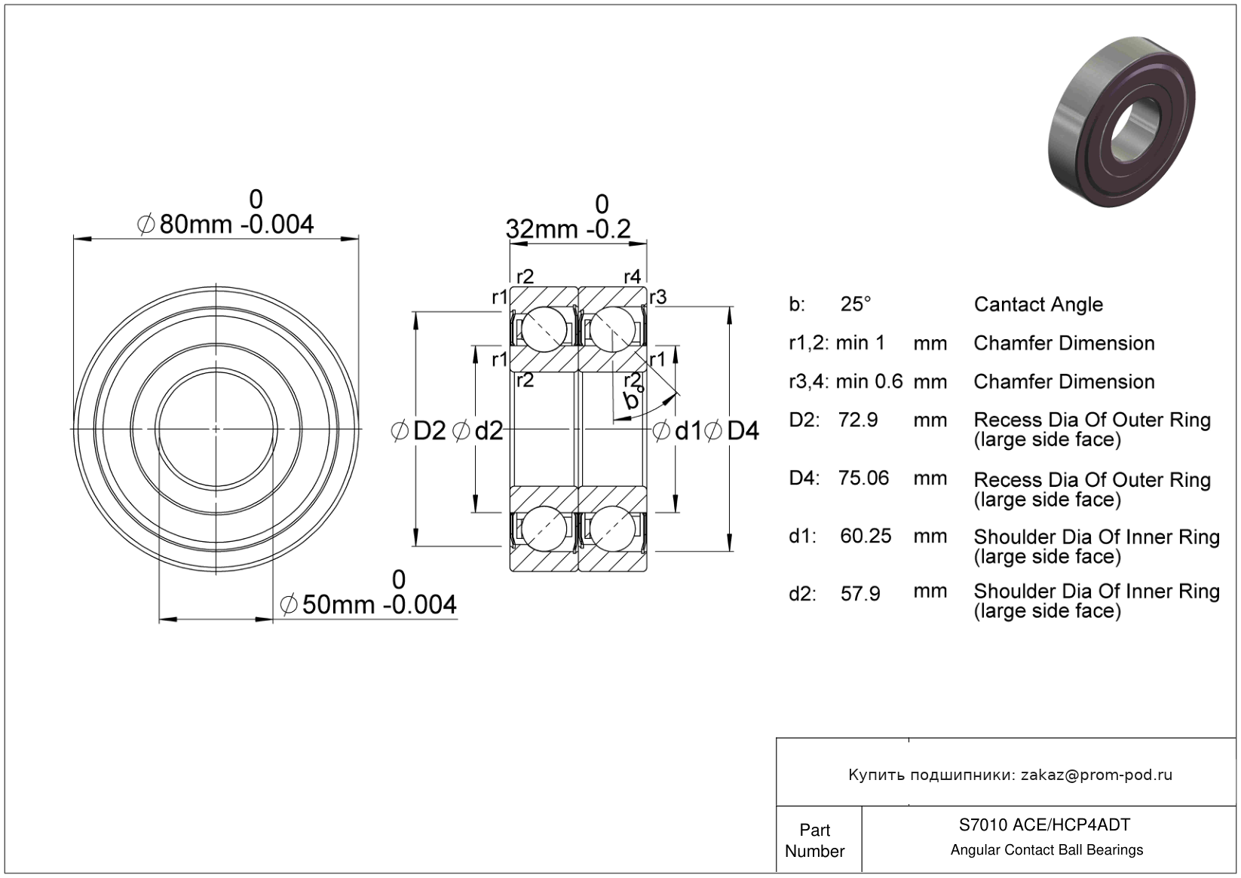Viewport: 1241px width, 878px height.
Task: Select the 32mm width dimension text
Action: [568, 229]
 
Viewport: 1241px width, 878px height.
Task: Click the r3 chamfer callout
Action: [657, 298]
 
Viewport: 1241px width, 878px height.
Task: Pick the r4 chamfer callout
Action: [632, 277]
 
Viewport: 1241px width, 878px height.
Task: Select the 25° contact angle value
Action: [856, 304]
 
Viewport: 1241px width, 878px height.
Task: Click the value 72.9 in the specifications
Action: [858, 420]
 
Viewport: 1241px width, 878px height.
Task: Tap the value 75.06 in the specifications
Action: [863, 478]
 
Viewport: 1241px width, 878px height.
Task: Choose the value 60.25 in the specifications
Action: [866, 536]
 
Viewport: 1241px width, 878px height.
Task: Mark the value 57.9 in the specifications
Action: [860, 594]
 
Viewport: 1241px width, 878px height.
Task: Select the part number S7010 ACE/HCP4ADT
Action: [1044, 824]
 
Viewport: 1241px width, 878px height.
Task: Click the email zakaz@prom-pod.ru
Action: [1096, 775]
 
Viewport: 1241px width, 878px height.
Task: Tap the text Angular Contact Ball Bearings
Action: [1046, 850]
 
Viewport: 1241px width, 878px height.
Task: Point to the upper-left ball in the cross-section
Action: [544, 329]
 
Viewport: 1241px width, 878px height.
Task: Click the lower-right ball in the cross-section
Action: [612, 528]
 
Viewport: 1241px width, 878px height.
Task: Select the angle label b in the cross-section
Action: [632, 399]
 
